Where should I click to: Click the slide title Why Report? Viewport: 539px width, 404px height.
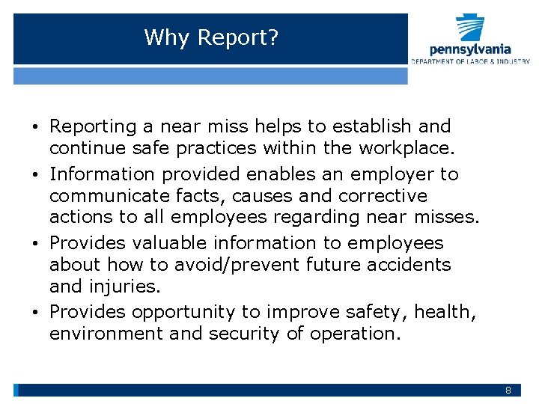[211, 37]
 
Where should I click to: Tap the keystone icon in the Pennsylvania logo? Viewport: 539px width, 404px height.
[470, 28]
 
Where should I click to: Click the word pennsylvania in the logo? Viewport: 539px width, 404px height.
[470, 50]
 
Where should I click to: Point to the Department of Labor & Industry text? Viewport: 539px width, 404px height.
[470, 61]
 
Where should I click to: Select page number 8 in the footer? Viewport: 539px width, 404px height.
[508, 391]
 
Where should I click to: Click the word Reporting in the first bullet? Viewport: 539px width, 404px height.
[94, 127]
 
